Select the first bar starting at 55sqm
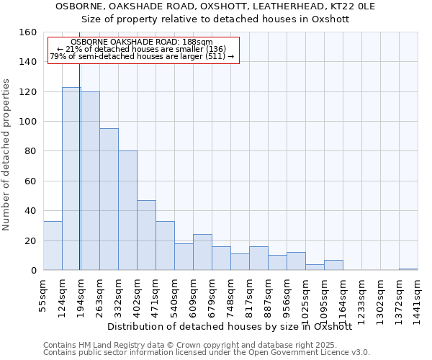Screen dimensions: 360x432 [53, 246]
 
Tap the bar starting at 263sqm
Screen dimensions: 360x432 [109, 199]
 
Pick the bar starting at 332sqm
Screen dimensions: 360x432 [127, 210]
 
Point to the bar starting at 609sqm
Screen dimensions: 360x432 [202, 252]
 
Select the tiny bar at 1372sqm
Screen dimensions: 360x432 [408, 269]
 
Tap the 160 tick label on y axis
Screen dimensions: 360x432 [27, 32]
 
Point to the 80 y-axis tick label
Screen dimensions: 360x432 [30, 151]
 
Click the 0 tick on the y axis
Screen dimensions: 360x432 [33, 271]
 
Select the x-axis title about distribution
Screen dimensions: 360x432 [229, 326]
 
